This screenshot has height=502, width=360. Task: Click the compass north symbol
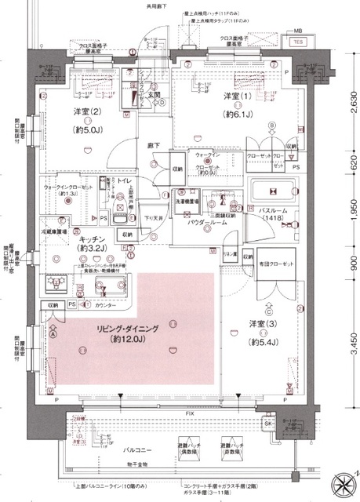tap(343, 485)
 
